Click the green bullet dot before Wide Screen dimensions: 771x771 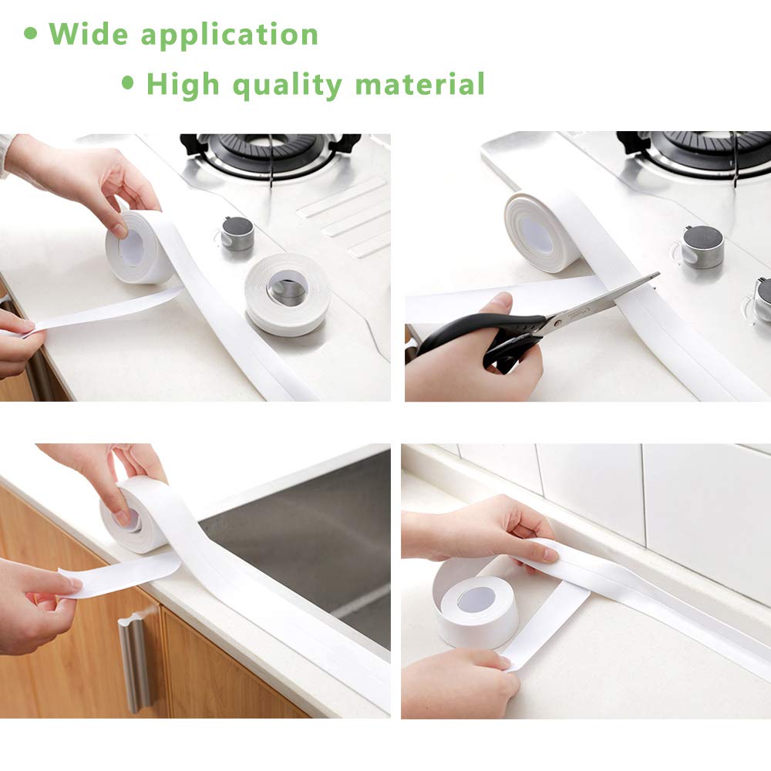(31, 34)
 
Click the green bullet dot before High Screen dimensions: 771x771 (128, 82)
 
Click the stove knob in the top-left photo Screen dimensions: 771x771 (237, 234)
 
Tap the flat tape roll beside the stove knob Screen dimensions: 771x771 (288, 293)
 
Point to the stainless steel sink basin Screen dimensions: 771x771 (308, 540)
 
